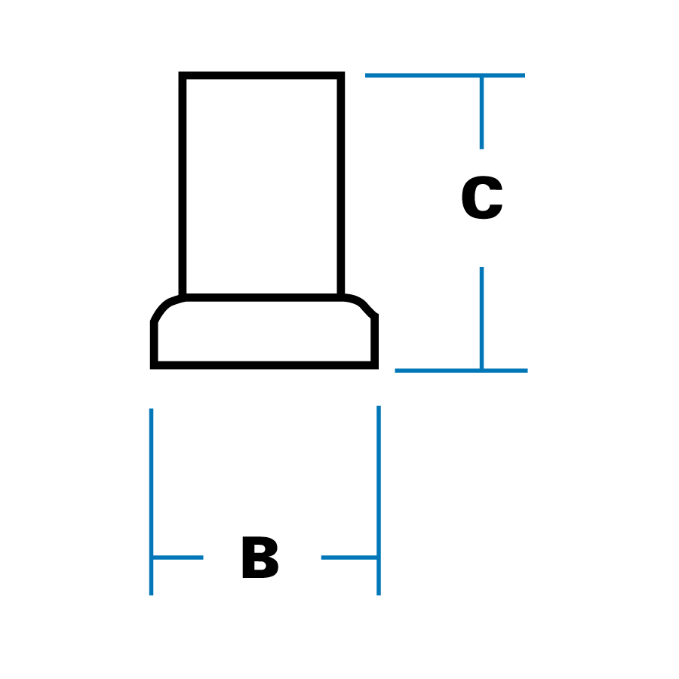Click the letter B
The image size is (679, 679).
260,559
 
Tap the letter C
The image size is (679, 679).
481,200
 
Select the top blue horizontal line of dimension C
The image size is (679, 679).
444,75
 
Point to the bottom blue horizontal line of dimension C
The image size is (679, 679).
461,370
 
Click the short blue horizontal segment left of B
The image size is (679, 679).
177,558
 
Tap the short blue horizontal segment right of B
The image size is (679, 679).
349,558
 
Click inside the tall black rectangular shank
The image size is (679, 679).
262,185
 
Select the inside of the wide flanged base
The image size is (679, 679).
264,332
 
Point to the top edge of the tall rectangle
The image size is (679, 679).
262,75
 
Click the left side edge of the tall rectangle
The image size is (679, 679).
183,185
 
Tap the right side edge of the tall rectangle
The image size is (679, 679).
341,185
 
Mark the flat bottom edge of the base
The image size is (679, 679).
264,365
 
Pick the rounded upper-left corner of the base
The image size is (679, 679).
162,306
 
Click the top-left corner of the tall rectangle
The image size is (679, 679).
183,75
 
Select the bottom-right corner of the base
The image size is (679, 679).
375,365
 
